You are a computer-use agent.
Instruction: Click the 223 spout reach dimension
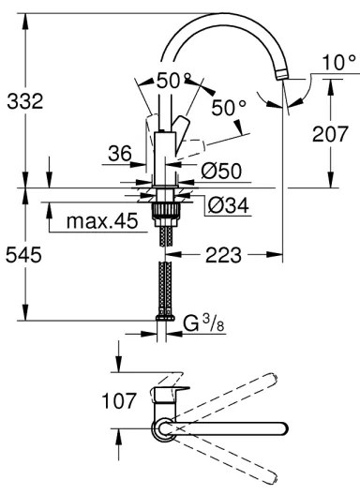[x=228, y=255]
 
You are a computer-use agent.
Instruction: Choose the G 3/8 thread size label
[x=202, y=325]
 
